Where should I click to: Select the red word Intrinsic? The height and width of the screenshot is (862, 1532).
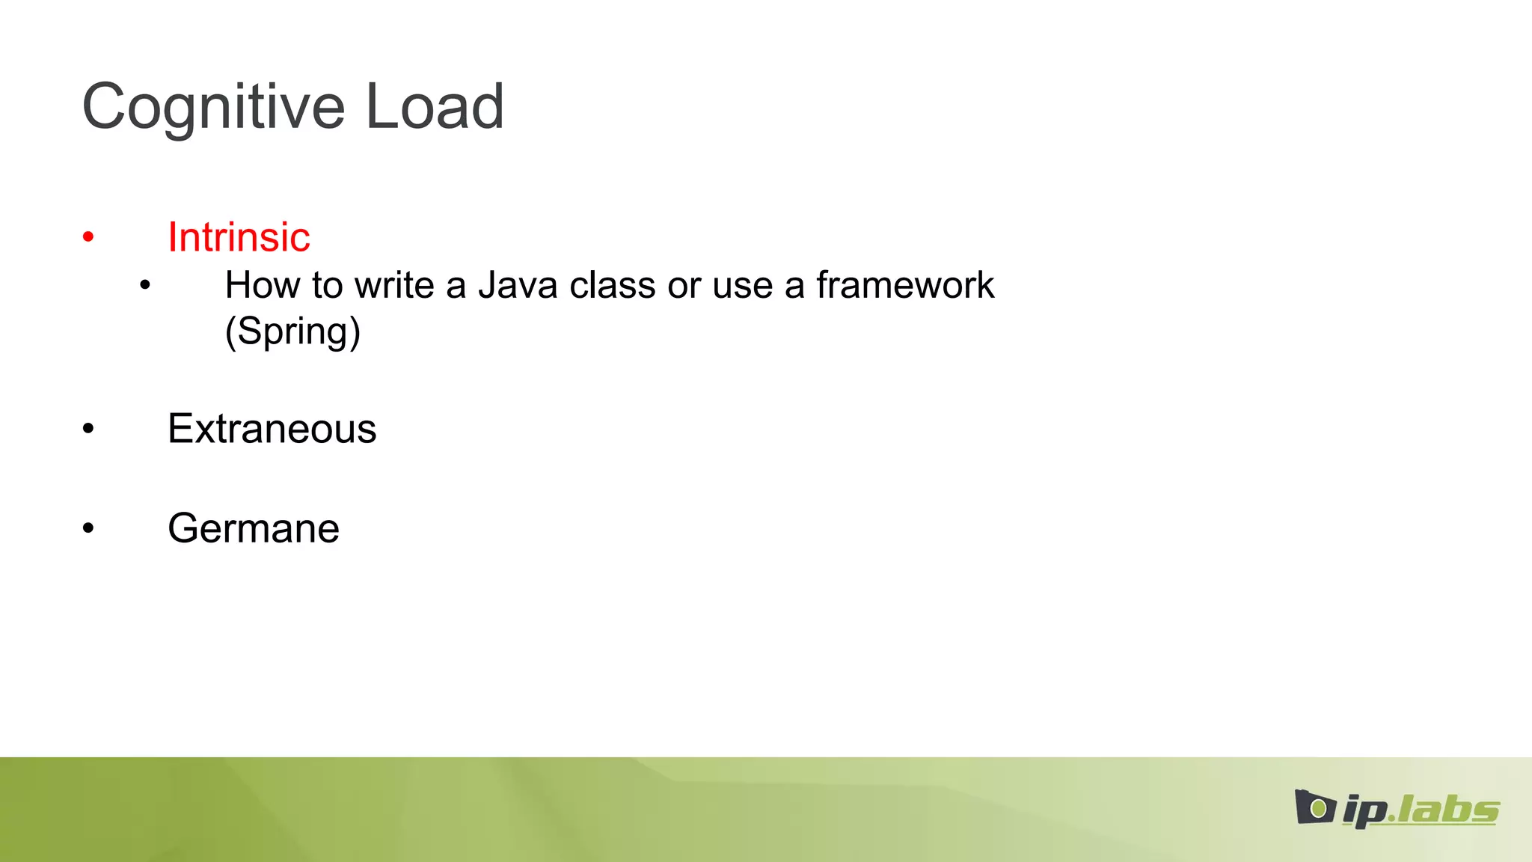(239, 237)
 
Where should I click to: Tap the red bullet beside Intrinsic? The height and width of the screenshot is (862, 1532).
(88, 238)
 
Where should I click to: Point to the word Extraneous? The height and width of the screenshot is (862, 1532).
(272, 429)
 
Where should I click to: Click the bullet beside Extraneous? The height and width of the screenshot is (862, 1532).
(88, 430)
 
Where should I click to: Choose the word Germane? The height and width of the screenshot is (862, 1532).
(253, 528)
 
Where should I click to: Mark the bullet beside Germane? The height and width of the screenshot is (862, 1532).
(88, 529)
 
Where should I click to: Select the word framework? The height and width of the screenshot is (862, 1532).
(904, 285)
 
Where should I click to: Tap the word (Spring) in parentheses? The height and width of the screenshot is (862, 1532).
(292, 331)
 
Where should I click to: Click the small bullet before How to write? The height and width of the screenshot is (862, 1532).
(145, 285)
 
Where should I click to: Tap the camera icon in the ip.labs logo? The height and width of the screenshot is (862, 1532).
(1314, 807)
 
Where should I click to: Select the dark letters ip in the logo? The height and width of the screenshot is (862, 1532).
(1364, 811)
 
